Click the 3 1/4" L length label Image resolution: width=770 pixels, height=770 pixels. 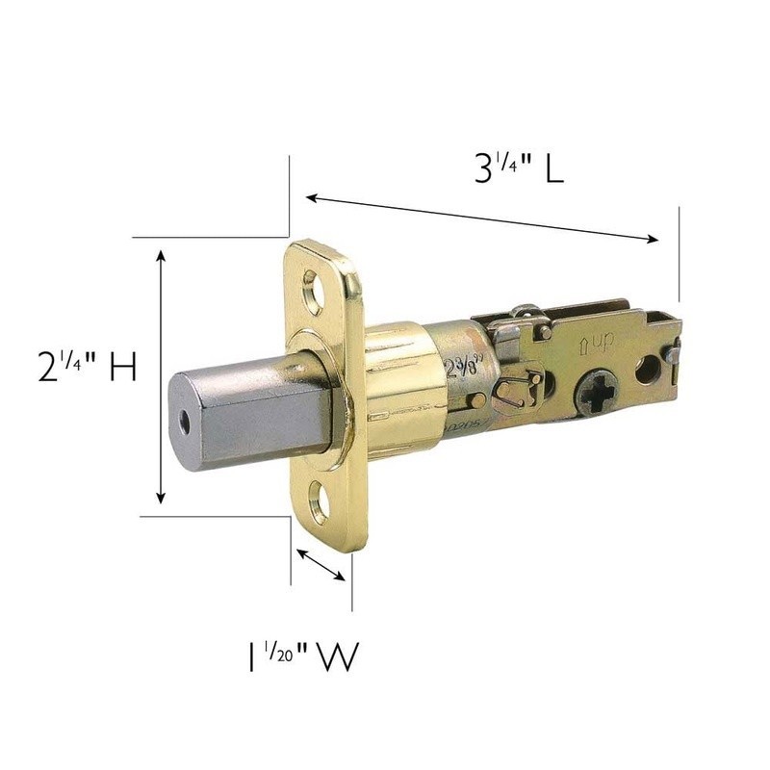[518, 169]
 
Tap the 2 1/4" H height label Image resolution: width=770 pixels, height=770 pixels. [88, 369]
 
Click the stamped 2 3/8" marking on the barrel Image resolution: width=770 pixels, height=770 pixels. [463, 368]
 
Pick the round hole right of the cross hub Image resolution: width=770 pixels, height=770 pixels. [648, 370]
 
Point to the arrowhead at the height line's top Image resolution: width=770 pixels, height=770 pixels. [161, 255]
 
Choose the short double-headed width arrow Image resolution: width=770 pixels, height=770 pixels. [321, 564]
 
